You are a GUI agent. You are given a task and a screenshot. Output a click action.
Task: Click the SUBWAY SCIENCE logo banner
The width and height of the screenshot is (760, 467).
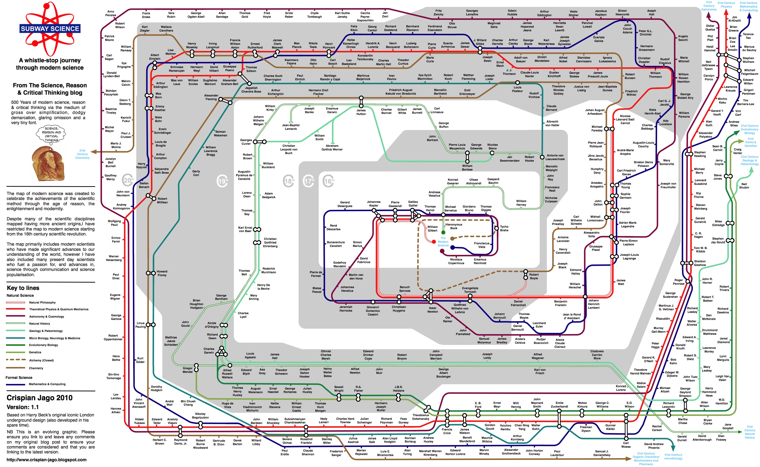click(x=50, y=29)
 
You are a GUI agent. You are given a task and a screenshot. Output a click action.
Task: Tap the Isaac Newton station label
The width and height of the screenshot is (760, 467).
click(x=432, y=310)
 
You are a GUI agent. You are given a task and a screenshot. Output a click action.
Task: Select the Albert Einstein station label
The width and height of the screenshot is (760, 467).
click(x=155, y=57)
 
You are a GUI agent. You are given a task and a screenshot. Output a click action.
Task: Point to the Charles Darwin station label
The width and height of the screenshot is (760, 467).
click(x=209, y=350)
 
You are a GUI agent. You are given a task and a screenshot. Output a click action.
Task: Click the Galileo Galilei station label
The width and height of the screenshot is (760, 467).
click(x=413, y=204)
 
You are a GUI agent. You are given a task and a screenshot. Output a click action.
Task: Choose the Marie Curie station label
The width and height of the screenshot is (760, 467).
click(x=430, y=59)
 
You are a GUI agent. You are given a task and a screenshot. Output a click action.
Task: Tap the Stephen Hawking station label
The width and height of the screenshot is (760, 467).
click(x=700, y=154)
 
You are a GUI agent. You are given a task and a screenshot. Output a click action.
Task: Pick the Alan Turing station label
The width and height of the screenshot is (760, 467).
click(x=407, y=452)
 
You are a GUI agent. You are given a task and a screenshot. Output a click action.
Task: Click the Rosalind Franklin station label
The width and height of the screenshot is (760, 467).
click(x=306, y=441)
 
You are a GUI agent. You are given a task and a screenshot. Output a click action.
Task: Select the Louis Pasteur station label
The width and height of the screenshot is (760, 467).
click(x=517, y=89)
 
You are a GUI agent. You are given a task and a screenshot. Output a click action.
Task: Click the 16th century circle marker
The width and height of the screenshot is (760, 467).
click(x=329, y=181)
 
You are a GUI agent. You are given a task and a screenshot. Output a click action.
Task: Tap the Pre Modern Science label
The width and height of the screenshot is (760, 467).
click(x=443, y=241)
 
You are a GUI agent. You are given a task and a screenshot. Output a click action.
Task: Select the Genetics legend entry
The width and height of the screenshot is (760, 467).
click(x=35, y=352)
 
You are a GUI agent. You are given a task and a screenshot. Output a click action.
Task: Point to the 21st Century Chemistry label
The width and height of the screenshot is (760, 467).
click(x=82, y=154)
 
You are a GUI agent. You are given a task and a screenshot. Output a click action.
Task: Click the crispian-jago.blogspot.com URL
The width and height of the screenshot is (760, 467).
click(x=47, y=460)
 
